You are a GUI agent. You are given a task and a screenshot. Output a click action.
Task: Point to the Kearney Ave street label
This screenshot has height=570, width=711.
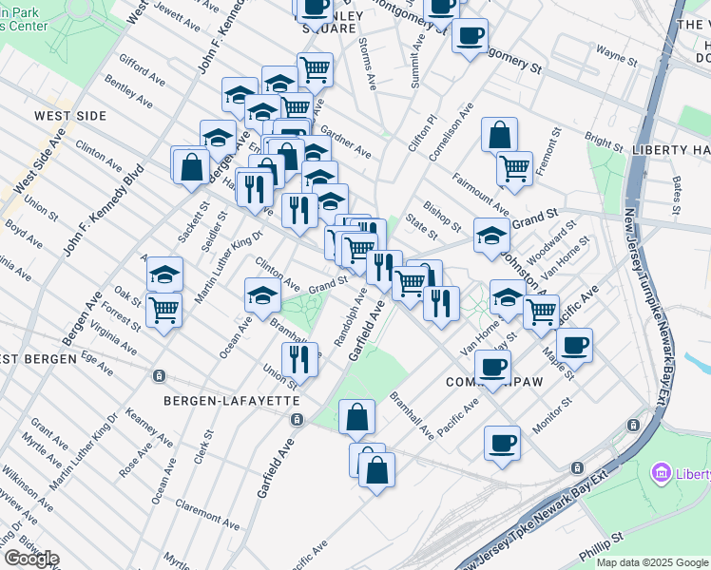tap(148, 427)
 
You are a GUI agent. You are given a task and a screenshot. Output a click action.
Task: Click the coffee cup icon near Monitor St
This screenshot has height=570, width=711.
tap(502, 441)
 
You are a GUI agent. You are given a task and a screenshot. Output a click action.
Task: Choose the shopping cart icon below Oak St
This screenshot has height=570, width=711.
tap(164, 309)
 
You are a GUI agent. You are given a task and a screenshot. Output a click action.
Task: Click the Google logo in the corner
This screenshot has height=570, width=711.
tap(31, 559)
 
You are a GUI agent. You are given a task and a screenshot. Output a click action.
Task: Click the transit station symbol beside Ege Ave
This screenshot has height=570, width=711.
tap(160, 374)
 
